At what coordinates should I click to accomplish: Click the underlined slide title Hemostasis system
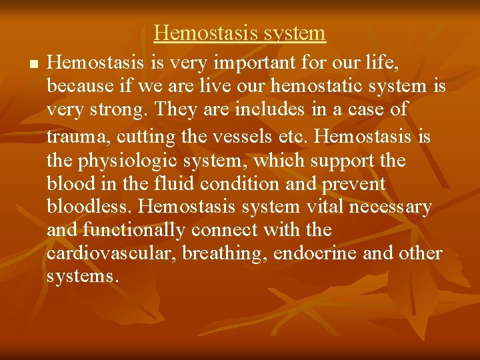pyautogui.click(x=240, y=33)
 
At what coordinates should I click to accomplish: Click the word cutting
pyautogui.click(x=145, y=137)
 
